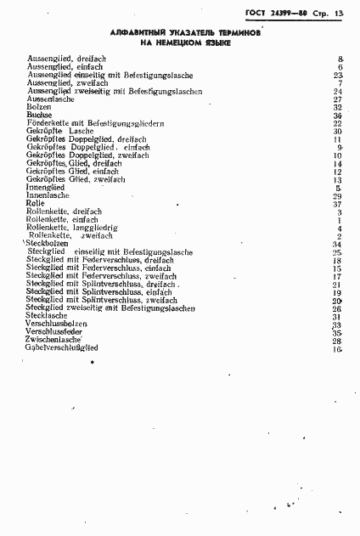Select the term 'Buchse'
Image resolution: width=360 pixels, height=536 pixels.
click(38, 116)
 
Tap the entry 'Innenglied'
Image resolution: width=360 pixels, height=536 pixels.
click(43, 188)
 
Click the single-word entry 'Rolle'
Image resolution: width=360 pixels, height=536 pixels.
click(35, 204)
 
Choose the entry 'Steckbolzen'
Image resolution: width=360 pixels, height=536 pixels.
click(47, 245)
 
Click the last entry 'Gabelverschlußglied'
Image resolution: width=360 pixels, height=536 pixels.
click(62, 349)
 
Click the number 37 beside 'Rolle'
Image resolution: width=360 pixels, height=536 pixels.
click(337, 205)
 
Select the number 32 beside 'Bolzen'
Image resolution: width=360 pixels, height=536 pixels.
click(337, 108)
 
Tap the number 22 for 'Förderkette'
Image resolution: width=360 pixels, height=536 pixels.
click(337, 124)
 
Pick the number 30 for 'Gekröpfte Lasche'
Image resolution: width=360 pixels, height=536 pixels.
click(337, 132)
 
